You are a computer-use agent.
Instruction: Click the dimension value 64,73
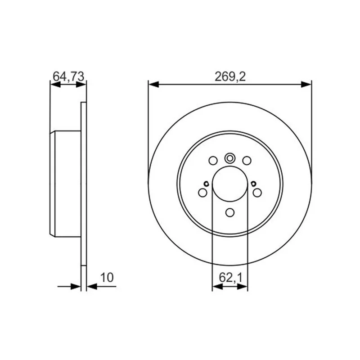(x=68, y=76)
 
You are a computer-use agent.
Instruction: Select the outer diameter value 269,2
(x=230, y=76)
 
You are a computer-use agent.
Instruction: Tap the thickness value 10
(x=107, y=278)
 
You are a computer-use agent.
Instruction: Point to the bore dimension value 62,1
(x=230, y=278)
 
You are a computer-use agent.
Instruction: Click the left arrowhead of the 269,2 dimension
(x=153, y=85)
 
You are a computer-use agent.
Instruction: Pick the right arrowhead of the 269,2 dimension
(x=306, y=85)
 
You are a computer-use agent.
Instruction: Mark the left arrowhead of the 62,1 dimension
(x=217, y=287)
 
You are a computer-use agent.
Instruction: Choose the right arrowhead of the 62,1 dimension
(x=243, y=287)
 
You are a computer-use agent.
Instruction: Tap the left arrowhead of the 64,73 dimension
(x=55, y=85)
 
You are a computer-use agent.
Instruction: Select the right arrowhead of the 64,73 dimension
(x=81, y=85)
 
